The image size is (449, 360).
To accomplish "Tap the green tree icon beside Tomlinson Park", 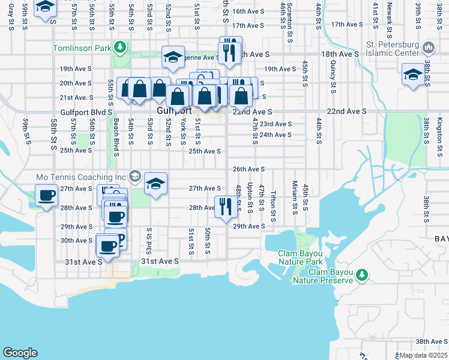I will [120, 47].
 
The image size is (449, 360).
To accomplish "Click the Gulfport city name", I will [174, 111].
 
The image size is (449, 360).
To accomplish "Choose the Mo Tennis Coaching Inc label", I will [81, 177].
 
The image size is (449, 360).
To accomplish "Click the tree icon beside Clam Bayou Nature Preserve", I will [361, 275].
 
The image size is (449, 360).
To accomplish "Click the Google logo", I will [20, 353].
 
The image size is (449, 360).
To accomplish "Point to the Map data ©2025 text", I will [424, 355].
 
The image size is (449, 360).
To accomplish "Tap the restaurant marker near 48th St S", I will [224, 207].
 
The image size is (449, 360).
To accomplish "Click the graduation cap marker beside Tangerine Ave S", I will [173, 58].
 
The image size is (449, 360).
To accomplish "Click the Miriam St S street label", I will [295, 197].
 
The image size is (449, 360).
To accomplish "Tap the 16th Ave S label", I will [250, 11].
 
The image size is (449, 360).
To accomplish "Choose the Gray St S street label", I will [11, 13].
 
